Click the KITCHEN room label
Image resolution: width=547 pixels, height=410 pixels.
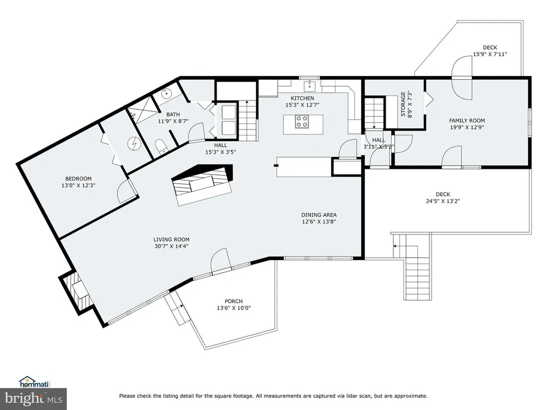(302, 98)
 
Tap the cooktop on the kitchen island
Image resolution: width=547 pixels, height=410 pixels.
(302, 122)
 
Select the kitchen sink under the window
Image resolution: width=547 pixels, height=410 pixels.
(309, 85)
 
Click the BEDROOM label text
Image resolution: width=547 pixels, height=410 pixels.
(78, 179)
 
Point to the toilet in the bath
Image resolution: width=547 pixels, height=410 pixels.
(161, 147)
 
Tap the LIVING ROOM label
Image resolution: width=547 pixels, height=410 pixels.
(172, 239)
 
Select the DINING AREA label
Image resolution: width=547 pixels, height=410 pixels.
(319, 215)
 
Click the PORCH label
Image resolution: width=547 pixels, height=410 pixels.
(234, 301)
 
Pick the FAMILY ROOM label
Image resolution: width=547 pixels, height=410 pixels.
(467, 121)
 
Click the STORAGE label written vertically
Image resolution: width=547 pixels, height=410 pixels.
(403, 104)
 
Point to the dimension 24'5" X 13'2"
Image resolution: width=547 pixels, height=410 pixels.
(443, 201)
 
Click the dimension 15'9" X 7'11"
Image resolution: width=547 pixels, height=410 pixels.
(490, 54)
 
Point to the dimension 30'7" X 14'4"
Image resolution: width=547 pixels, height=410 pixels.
(172, 246)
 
